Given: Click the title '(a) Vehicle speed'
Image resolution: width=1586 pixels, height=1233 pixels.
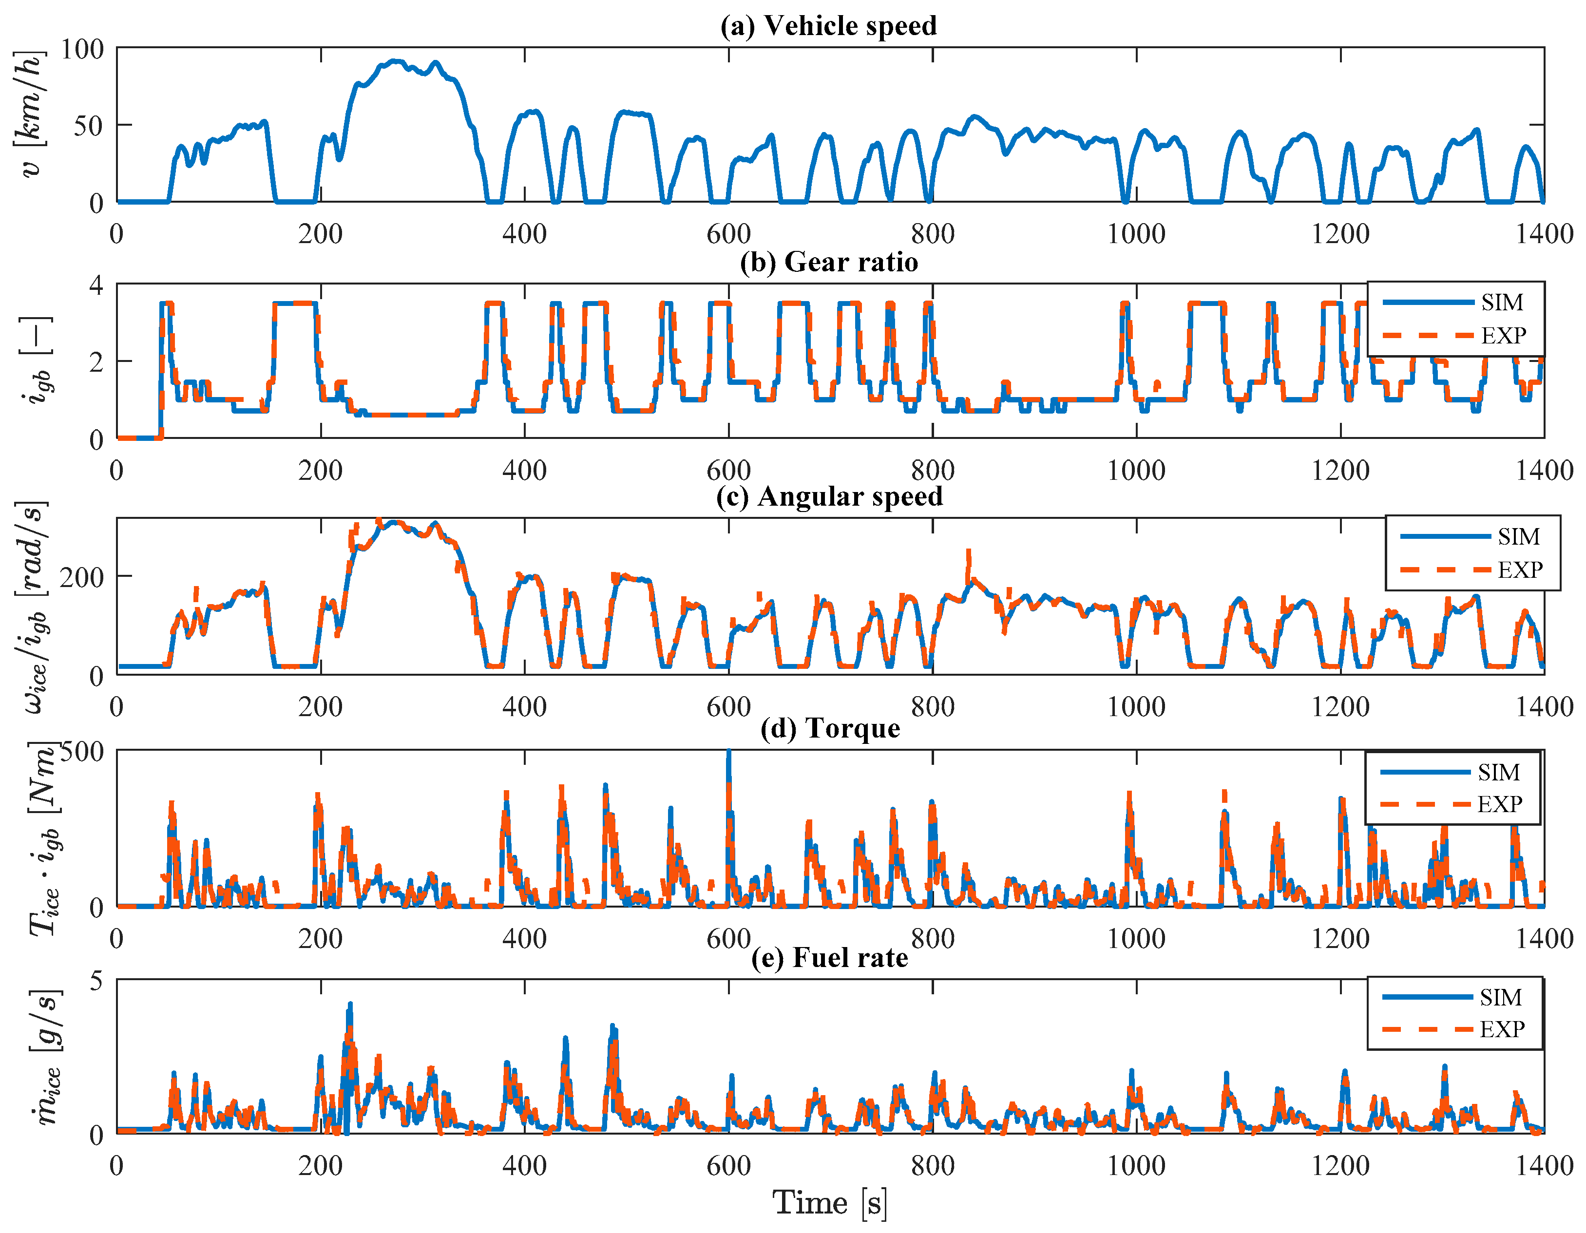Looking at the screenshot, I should pyautogui.click(x=828, y=25).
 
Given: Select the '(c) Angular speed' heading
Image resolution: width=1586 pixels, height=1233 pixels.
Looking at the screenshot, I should pyautogui.click(x=829, y=496).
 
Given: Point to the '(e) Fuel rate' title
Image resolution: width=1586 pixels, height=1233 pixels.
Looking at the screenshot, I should pyautogui.click(x=829, y=957).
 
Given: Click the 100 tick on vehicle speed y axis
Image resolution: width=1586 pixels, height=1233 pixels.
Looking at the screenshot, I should pyautogui.click(x=82, y=49).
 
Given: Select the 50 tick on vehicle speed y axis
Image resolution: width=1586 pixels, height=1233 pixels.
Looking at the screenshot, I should pyautogui.click(x=89, y=126).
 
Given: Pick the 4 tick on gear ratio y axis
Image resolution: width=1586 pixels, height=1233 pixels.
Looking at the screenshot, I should pyautogui.click(x=96, y=285).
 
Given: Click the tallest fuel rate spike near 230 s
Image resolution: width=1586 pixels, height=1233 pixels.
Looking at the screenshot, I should pyautogui.click(x=349, y=1005).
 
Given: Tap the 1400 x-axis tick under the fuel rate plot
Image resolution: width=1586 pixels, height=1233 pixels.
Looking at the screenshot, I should pyautogui.click(x=1543, y=1165).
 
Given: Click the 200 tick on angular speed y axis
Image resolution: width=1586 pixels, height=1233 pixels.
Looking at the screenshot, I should pyautogui.click(x=82, y=578).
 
